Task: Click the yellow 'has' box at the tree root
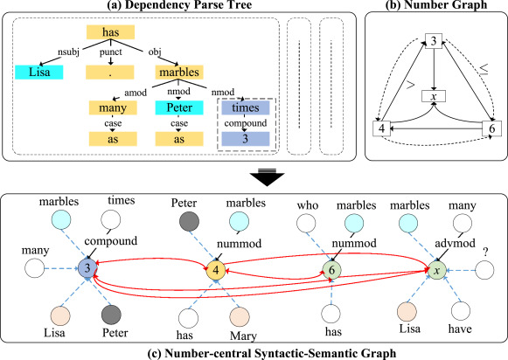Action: point(110,32)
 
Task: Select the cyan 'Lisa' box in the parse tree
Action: point(39,72)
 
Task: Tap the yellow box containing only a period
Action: point(110,73)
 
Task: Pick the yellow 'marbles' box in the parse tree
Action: point(179,73)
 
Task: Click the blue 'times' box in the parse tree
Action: point(246,107)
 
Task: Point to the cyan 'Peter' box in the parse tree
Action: point(179,107)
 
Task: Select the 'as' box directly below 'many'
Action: point(113,139)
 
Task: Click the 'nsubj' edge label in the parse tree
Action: point(68,52)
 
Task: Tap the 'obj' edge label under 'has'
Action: point(155,52)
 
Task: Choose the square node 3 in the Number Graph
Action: point(434,41)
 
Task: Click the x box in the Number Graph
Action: point(434,96)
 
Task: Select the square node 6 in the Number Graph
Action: point(491,128)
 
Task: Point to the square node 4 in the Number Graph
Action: point(381,128)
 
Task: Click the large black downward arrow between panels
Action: point(267,177)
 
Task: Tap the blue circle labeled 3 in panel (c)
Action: point(87,268)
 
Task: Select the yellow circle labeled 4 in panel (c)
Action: point(216,270)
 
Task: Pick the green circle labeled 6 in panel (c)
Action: point(331,270)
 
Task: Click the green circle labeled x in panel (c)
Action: point(437,270)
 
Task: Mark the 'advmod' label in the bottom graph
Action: point(456,243)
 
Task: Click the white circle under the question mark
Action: point(484,270)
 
